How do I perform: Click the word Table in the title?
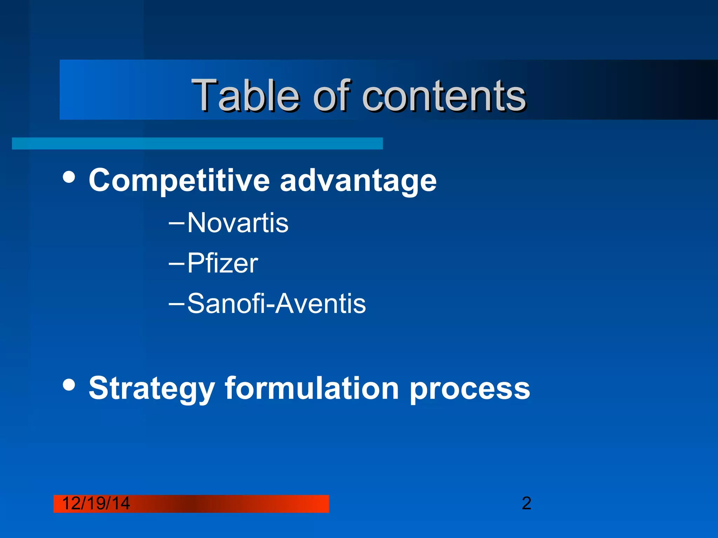(x=245, y=95)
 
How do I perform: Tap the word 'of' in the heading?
(x=332, y=95)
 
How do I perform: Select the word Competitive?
(x=179, y=181)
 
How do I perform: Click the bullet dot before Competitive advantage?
(x=69, y=177)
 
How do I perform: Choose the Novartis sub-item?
(x=238, y=223)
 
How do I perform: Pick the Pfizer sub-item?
(x=223, y=263)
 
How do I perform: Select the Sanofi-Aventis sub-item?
(x=276, y=303)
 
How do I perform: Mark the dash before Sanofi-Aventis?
(x=176, y=302)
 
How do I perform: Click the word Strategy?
(x=151, y=389)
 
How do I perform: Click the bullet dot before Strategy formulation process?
(x=69, y=384)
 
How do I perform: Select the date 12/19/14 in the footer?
(x=96, y=504)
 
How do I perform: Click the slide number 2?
(x=526, y=504)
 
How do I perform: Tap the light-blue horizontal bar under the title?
(x=197, y=144)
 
